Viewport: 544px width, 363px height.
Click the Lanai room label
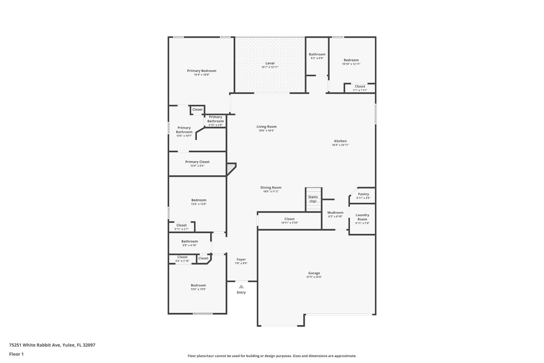click(270, 63)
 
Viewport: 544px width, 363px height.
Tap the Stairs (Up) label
click(313, 199)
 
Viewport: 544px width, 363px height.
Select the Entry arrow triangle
click(241, 286)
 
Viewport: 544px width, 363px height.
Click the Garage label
click(314, 273)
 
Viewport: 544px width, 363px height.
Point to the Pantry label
click(363, 194)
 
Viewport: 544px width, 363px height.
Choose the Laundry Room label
click(362, 217)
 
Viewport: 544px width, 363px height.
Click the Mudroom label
click(335, 213)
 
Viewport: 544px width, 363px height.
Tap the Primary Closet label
click(197, 162)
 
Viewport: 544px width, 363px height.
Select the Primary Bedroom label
click(201, 71)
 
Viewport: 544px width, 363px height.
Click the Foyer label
click(241, 259)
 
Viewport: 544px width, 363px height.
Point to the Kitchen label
click(340, 141)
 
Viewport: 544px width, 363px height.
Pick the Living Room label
click(266, 127)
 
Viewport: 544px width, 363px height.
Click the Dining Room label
click(271, 188)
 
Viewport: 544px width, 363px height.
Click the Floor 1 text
click(16, 354)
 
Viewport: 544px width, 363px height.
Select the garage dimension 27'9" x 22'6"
click(314, 277)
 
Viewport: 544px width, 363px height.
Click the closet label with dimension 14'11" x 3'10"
click(289, 219)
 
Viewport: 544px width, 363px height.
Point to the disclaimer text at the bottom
click(272, 356)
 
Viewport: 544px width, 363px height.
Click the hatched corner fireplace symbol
click(230, 168)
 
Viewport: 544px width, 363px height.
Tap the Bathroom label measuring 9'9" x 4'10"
click(190, 242)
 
